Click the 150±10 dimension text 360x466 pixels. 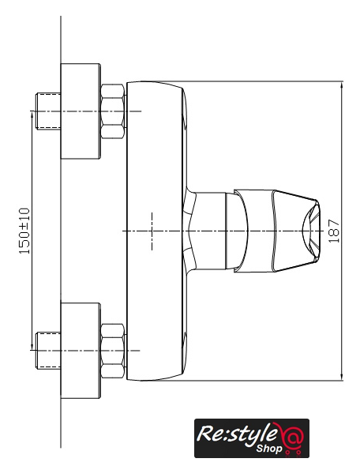click(24, 231)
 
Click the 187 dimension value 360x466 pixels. click(334, 231)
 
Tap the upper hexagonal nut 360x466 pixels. click(112, 111)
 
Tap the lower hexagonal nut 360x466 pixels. click(112, 351)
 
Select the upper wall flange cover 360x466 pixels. click(81, 111)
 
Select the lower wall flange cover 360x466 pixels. click(81, 351)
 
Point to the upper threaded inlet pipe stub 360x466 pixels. click(48, 111)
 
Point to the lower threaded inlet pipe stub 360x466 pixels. click(48, 351)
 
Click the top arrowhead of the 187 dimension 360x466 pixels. click(342, 85)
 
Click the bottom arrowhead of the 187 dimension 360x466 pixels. click(342, 377)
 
